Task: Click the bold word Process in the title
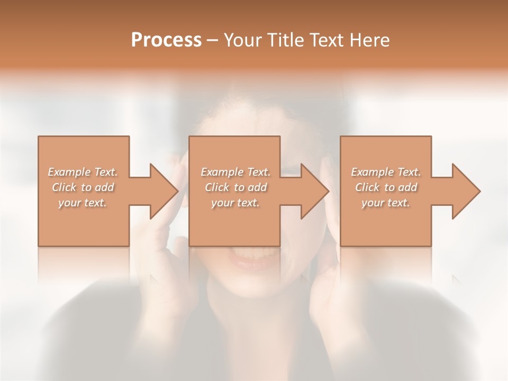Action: [166, 40]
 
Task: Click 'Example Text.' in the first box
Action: [83, 172]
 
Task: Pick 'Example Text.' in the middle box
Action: [235, 172]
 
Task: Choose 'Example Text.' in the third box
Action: [386, 172]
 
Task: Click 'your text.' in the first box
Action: [83, 203]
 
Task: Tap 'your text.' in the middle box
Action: [235, 203]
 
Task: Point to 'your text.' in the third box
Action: [386, 203]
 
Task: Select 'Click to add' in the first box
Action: [83, 187]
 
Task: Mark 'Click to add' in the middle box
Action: [235, 187]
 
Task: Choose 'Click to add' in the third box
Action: [386, 187]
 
